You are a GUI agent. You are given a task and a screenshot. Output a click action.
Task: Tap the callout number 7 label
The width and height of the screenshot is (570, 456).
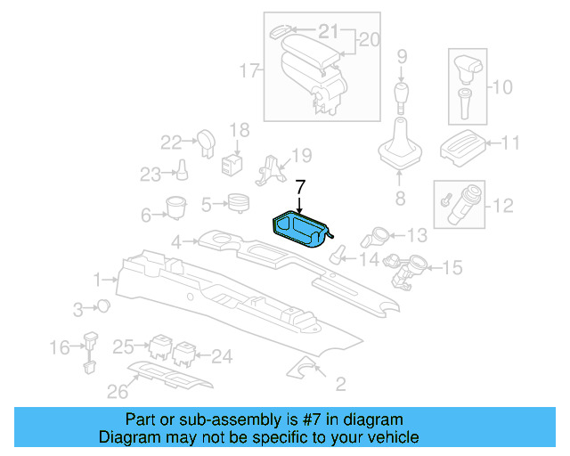[300, 187]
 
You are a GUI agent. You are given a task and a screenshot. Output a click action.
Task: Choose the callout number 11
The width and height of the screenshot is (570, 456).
[510, 142]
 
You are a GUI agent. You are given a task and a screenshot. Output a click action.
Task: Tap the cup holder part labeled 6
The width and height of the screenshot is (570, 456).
[174, 208]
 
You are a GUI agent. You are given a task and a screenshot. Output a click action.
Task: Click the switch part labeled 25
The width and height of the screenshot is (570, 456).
[161, 346]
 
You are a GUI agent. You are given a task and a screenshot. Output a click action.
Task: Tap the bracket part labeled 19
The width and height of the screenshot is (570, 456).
[272, 168]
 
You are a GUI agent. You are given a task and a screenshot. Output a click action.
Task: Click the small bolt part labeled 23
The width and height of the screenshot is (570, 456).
[181, 168]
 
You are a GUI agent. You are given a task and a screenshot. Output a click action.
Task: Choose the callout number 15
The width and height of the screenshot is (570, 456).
[452, 266]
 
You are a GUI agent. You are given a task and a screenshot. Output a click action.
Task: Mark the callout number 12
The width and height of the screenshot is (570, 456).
[503, 206]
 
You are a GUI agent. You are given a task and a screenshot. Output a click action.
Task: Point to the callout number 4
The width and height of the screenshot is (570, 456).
[177, 241]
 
